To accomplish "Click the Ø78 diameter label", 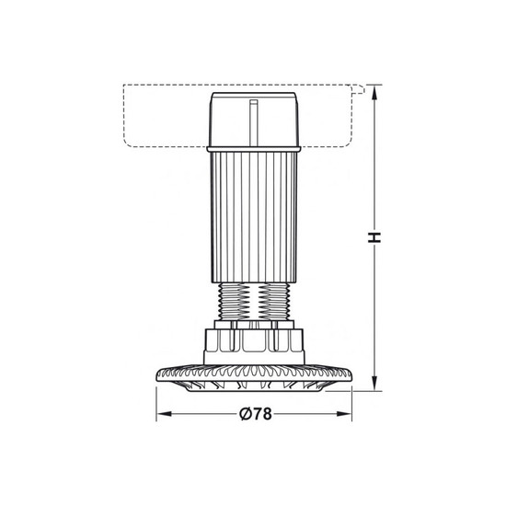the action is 256,414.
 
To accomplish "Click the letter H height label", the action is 374,237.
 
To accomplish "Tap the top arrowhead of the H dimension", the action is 374,93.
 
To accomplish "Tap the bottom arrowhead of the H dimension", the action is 374,383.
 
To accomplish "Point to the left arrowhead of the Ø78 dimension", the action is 164,414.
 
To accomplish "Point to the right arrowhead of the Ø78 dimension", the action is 344,414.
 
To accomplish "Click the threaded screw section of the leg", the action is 254,302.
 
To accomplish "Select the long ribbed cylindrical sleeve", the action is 254,217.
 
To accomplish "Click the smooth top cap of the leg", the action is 254,120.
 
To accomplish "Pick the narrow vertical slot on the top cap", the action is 254,122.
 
